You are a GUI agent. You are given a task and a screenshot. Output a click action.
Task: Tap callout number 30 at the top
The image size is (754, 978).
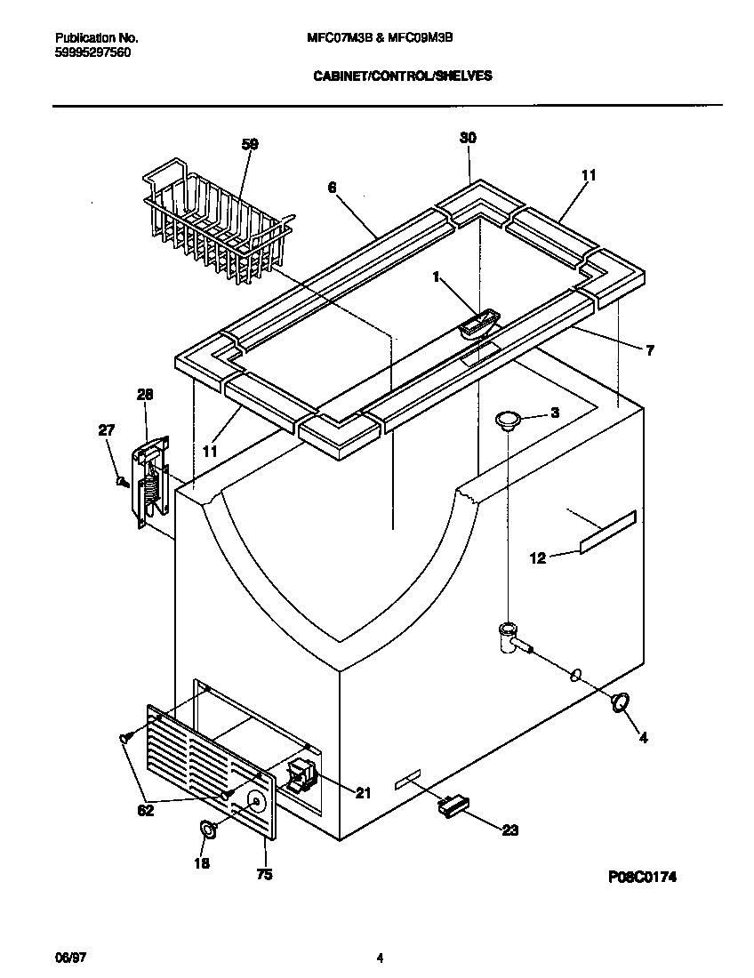(468, 138)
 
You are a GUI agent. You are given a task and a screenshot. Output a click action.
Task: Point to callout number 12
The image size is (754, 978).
(537, 557)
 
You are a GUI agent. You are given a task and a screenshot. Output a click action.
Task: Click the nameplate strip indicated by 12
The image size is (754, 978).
(608, 532)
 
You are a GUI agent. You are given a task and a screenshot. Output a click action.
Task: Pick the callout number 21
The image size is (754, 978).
(363, 793)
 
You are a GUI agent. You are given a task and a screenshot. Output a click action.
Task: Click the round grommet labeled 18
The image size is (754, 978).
(207, 829)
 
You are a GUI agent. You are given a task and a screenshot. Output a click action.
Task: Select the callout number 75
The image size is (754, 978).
(264, 874)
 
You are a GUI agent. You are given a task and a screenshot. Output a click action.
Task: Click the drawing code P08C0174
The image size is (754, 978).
(643, 876)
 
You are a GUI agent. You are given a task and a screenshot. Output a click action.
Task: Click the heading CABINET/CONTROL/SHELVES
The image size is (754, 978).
(403, 76)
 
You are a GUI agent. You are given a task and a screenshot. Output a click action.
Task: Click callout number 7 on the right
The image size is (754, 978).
(649, 351)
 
